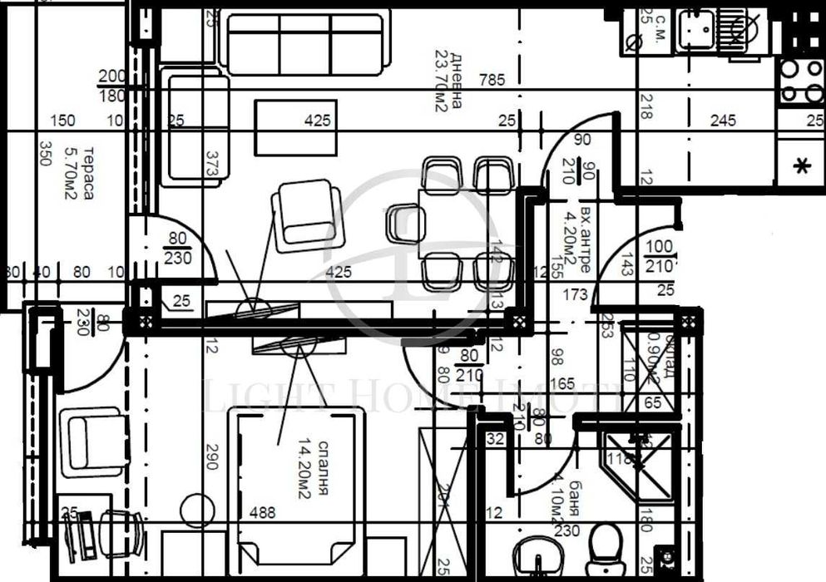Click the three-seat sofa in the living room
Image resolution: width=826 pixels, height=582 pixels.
pos(305,42)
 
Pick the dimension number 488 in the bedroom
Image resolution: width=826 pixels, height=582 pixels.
pos(262,513)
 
